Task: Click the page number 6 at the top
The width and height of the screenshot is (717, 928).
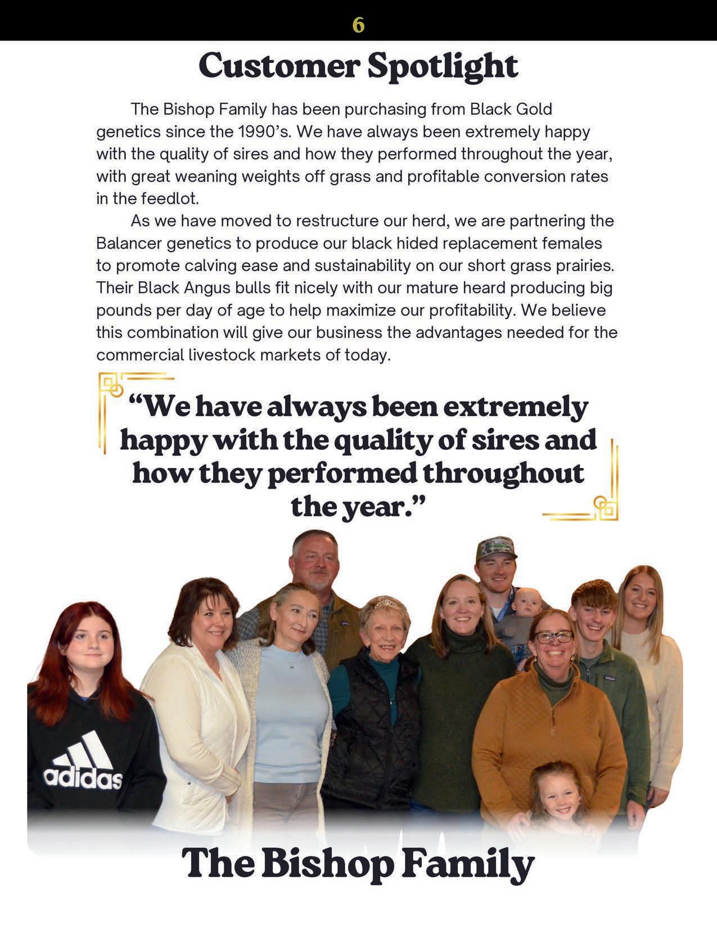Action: (358, 25)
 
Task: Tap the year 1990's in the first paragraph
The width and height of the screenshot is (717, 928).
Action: (263, 132)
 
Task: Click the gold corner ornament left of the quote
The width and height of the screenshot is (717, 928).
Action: (112, 388)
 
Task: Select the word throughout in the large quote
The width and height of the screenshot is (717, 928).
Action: (503, 473)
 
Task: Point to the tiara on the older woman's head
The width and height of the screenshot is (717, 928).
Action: (386, 603)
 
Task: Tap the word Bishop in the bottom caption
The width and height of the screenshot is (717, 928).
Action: (326, 864)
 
